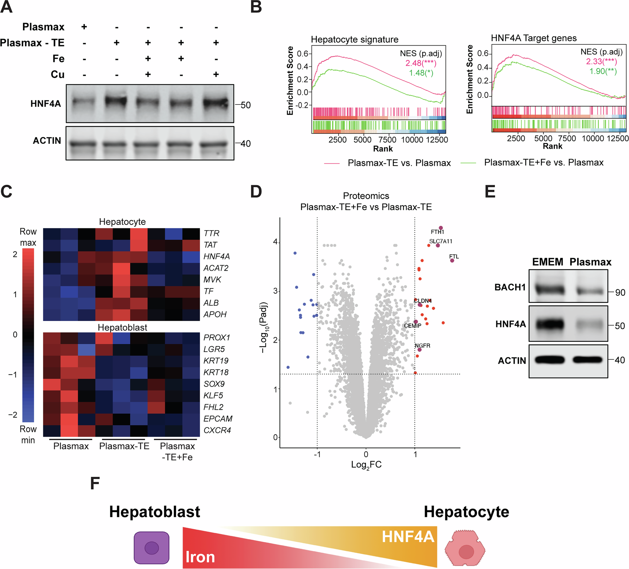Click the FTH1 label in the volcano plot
[437, 232]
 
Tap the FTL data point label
[454, 256]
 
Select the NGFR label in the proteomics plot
[422, 346]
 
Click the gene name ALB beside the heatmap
[211, 303]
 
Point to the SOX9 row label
[214, 384]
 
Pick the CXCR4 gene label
[217, 430]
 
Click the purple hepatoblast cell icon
[152, 548]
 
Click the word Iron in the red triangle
[200, 557]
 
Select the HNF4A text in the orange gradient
[408, 536]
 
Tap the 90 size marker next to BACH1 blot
[620, 293]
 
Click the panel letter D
[256, 191]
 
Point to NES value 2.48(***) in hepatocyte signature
[420, 63]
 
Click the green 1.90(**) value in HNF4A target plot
[603, 71]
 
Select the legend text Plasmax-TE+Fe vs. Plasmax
[544, 162]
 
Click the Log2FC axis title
[366, 465]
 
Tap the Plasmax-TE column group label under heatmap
[124, 446]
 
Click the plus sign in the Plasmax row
[84, 27]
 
